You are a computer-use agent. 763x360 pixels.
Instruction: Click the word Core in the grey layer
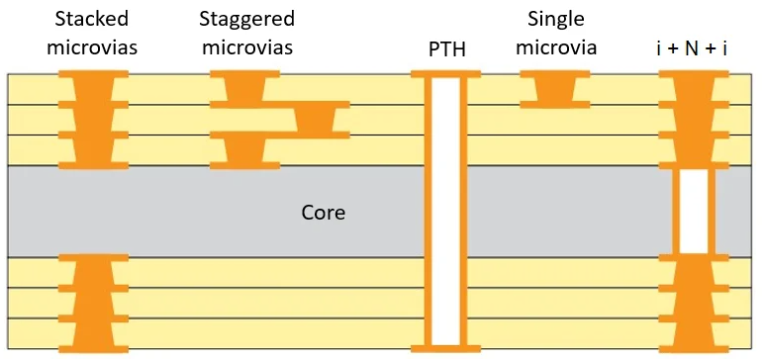click(323, 213)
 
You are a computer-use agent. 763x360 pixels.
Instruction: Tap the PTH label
click(446, 48)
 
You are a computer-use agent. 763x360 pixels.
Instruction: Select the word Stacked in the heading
click(94, 20)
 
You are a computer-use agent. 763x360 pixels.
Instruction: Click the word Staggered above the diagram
click(246, 20)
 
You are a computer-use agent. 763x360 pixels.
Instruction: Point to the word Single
click(557, 20)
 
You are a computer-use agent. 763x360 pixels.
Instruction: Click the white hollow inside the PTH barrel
click(446, 213)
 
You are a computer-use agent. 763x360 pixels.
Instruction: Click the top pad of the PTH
click(446, 74)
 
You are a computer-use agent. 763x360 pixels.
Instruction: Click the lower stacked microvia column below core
click(94, 302)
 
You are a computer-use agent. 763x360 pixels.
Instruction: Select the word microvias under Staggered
click(246, 47)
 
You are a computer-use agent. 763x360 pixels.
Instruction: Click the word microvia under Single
click(561, 47)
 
